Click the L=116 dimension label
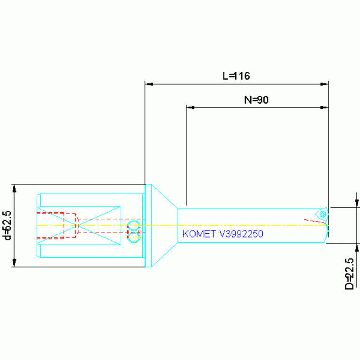pyautogui.click(x=236, y=76)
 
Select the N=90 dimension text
pyautogui.click(x=256, y=100)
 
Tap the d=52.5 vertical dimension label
pyautogui.click(x=8, y=225)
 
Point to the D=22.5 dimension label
pyautogui.click(x=349, y=274)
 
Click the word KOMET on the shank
pyautogui.click(x=199, y=234)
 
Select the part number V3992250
pyautogui.click(x=241, y=234)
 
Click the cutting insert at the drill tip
pyautogui.click(x=322, y=214)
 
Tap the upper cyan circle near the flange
pyautogui.click(x=134, y=226)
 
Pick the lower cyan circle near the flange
pyautogui.click(x=134, y=237)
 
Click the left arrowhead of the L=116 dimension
pyautogui.click(x=149, y=84)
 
